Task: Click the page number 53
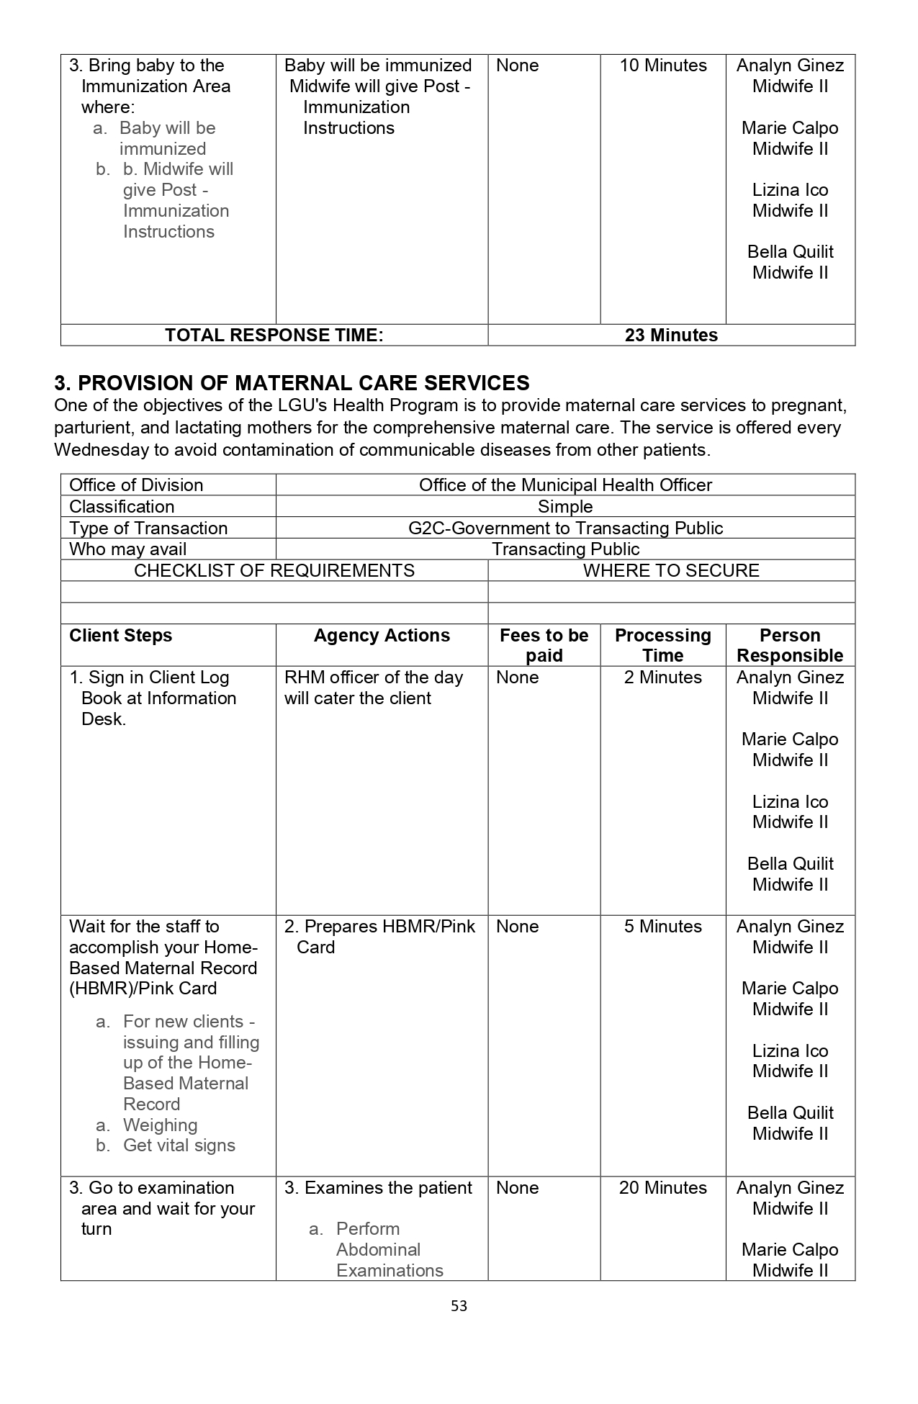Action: [x=459, y=1305]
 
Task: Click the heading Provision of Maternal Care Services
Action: [x=292, y=382]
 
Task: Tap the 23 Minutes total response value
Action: [x=671, y=336]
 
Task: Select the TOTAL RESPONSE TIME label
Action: [x=274, y=336]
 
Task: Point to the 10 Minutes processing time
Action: [x=663, y=66]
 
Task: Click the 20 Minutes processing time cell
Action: [x=663, y=1187]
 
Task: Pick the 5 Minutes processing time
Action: [x=663, y=926]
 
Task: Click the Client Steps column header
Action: [x=121, y=636]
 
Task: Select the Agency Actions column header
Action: [x=382, y=636]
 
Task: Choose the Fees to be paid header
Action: [x=544, y=645]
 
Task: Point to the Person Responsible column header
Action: [x=790, y=645]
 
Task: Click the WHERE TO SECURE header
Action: [x=671, y=571]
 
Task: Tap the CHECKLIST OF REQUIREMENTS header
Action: [x=274, y=571]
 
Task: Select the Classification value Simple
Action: [x=565, y=507]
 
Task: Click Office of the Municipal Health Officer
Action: [x=565, y=485]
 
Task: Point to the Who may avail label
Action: [x=127, y=549]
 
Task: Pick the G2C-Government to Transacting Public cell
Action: [x=565, y=528]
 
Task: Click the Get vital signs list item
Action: [x=179, y=1146]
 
